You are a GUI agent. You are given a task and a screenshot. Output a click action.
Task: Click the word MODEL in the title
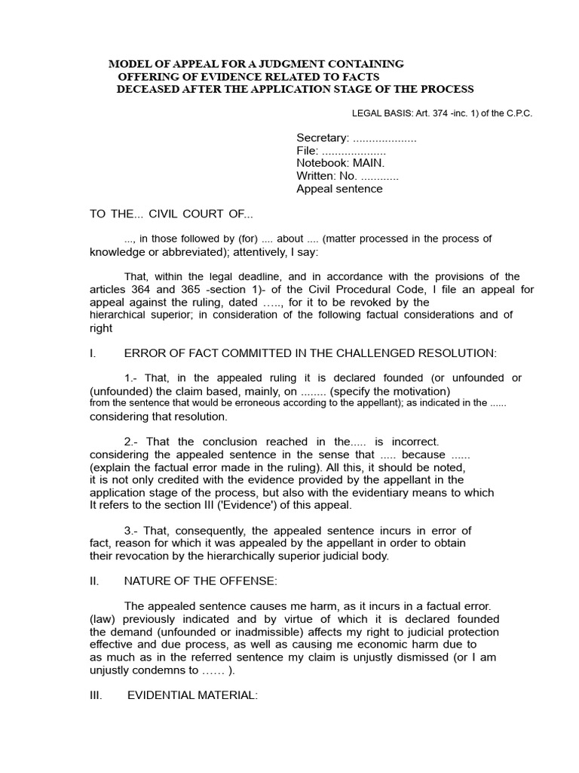tap(129, 64)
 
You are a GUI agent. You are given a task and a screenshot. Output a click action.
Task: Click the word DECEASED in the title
tap(147, 89)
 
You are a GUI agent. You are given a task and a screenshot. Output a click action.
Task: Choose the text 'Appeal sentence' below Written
tap(339, 189)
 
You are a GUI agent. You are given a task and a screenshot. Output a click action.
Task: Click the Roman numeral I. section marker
tap(92, 353)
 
